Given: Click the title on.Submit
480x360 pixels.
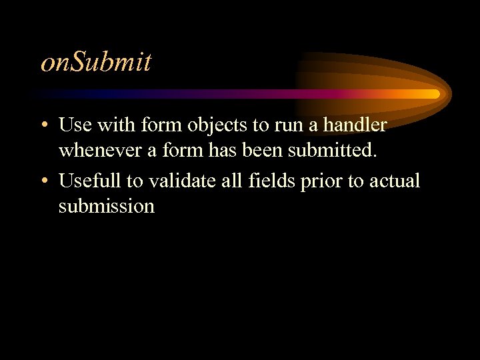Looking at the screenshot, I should (96, 62).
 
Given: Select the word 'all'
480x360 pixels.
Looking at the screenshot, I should (228, 180).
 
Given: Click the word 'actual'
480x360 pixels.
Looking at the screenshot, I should (395, 180).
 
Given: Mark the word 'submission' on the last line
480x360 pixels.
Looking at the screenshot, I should (107, 207).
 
